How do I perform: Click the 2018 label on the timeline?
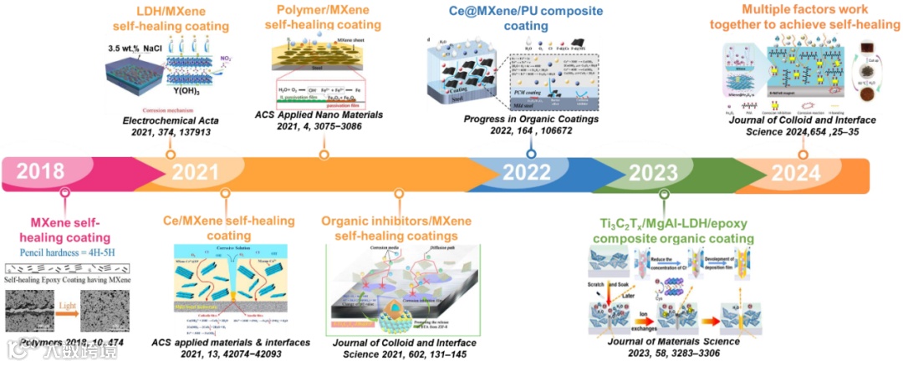point(39,173)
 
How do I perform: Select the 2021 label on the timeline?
point(197,173)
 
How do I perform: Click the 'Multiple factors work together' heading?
point(795,17)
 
